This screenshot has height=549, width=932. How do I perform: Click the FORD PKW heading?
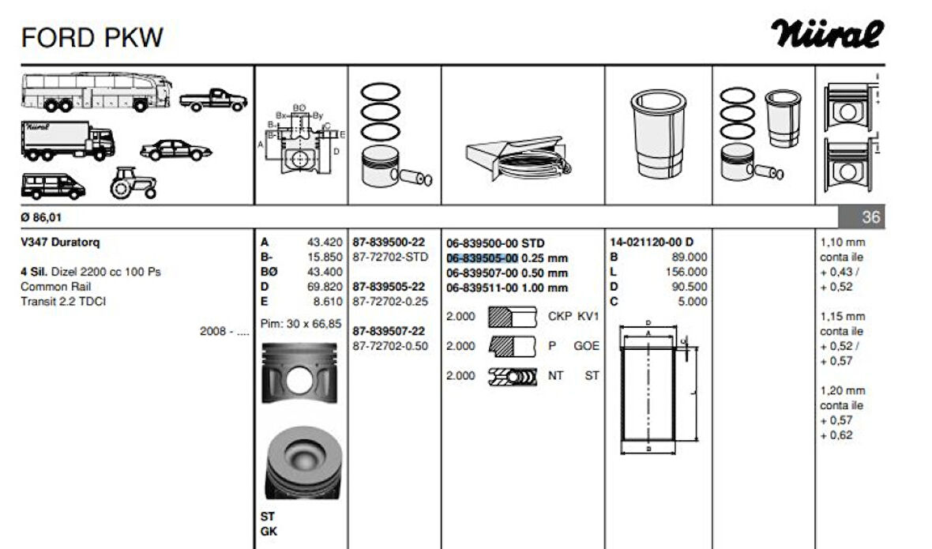click(92, 37)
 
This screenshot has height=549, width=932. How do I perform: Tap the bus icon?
click(96, 92)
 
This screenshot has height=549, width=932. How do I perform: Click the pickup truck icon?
click(213, 100)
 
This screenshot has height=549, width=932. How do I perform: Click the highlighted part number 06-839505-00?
click(482, 258)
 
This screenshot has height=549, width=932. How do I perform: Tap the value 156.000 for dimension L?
click(687, 272)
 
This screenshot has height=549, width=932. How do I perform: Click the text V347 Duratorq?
click(61, 243)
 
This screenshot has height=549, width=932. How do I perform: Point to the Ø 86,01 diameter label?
click(41, 218)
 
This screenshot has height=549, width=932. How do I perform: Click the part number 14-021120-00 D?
click(652, 243)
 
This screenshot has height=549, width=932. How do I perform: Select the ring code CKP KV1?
click(573, 317)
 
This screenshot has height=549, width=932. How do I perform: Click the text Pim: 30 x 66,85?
click(301, 323)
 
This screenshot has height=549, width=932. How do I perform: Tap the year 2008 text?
click(214, 332)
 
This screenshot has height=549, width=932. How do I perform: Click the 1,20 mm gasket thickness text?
click(843, 390)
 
